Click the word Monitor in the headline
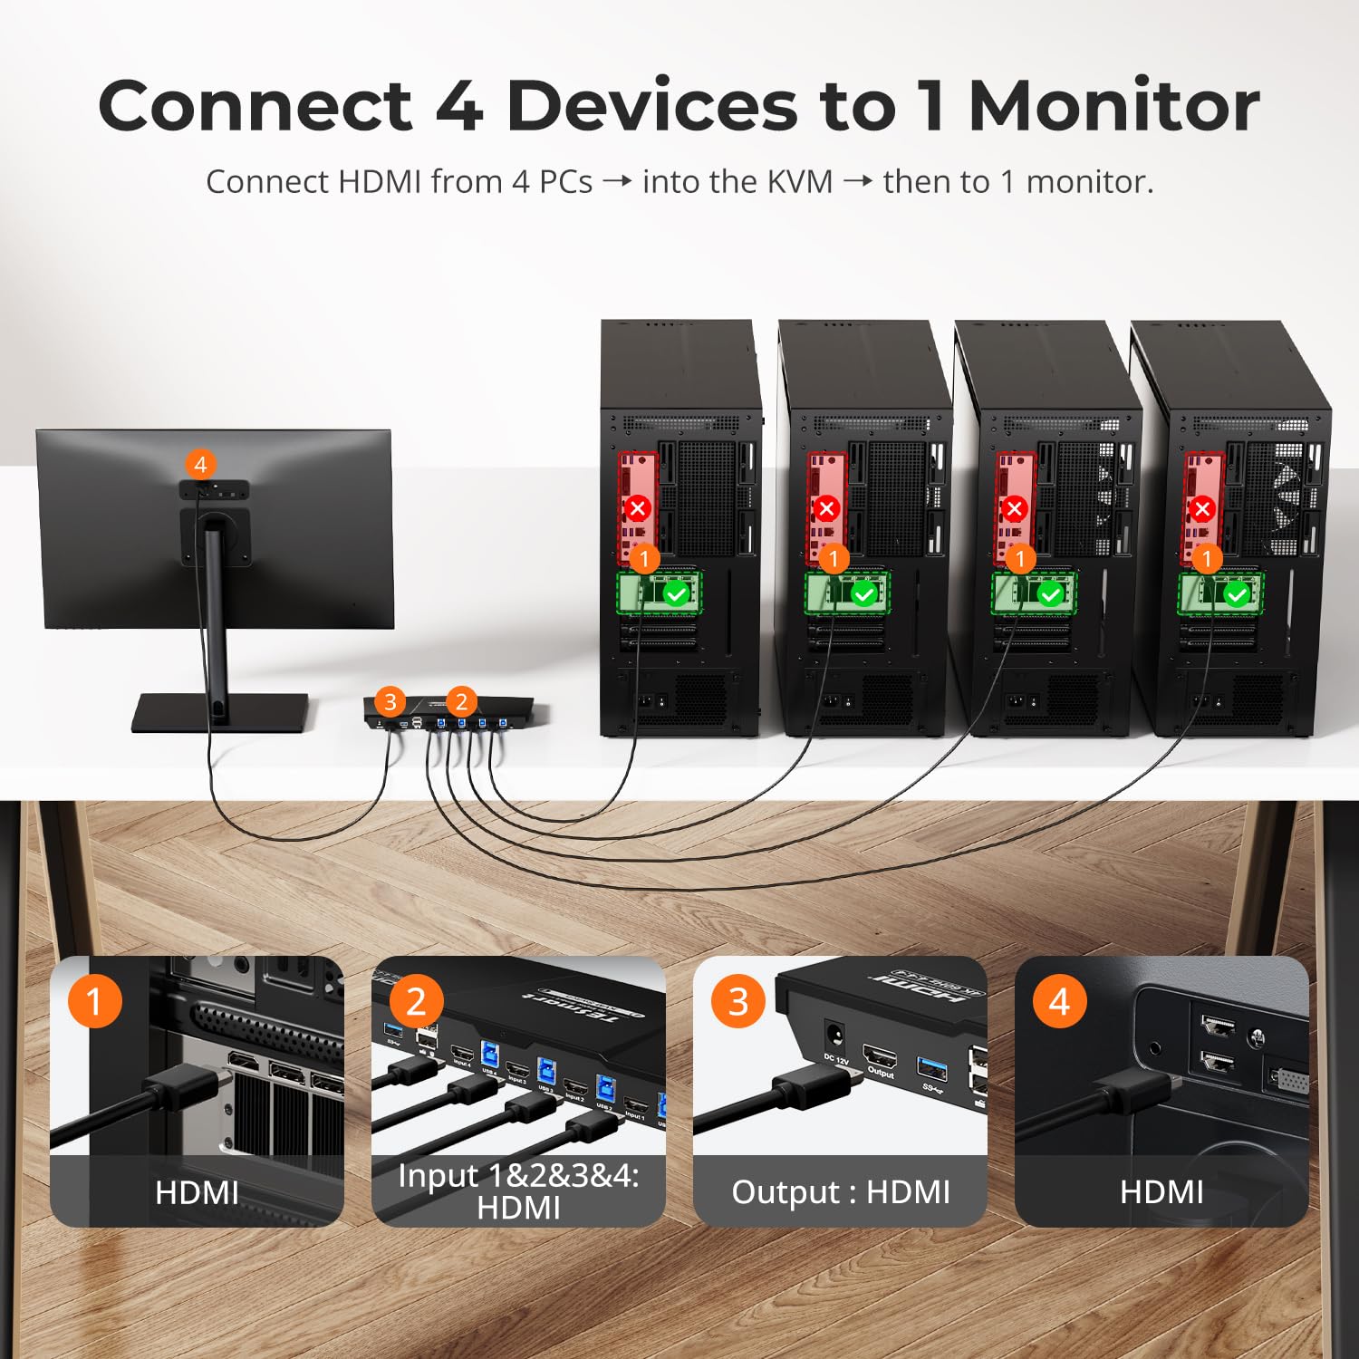pyautogui.click(x=1113, y=107)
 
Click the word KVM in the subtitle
pyautogui.click(x=799, y=182)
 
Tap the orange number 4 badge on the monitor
pyautogui.click(x=200, y=465)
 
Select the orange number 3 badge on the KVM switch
pyautogui.click(x=390, y=701)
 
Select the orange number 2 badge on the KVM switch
pyautogui.click(x=461, y=701)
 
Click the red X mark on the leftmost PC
pyautogui.click(x=638, y=507)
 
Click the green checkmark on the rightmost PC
pyautogui.click(x=1236, y=594)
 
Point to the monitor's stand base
pyautogui.click(x=220, y=712)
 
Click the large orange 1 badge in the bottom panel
pyautogui.click(x=94, y=1001)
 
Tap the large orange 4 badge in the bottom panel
pyautogui.click(x=1059, y=1001)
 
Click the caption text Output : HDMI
pyautogui.click(x=840, y=1192)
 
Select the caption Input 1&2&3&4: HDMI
pyautogui.click(x=518, y=1191)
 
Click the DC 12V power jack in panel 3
pyautogui.click(x=834, y=1035)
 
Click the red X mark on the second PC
pyautogui.click(x=825, y=507)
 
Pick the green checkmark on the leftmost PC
pyautogui.click(x=677, y=594)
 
